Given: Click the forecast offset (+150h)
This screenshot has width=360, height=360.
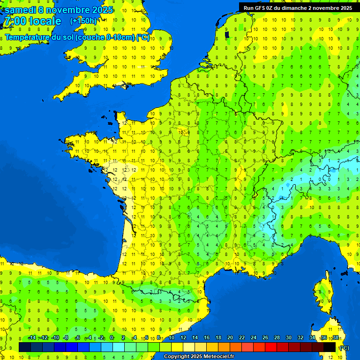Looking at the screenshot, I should pos(83,21).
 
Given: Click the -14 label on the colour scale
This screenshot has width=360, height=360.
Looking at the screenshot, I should pos(32,338).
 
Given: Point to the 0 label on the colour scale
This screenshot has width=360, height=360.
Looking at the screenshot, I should pos(112,338).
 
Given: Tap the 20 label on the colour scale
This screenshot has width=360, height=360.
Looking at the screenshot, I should pos(230,338).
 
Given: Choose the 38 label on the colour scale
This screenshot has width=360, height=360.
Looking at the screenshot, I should pos(335,338).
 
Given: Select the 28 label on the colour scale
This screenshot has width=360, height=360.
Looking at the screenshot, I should pos(277,338).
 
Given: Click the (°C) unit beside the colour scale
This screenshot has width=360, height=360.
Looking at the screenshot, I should pos(344,347).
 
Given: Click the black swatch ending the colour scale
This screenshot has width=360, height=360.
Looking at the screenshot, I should pos(330,347).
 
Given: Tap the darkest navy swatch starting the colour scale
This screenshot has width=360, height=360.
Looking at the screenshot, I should pos(25,347).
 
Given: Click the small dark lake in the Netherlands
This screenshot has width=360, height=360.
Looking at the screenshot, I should pos(227,34).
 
